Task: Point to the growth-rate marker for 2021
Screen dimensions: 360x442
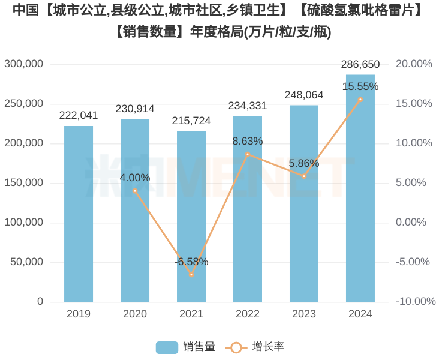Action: [191, 275]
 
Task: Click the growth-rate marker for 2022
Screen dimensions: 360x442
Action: [248, 154]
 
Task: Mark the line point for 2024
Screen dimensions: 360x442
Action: [360, 99]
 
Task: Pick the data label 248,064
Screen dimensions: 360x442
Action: [304, 95]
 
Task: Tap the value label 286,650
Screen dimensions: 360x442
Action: [360, 64]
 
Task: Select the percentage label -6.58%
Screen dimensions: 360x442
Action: [191, 262]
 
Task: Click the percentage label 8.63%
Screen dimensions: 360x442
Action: [248, 142]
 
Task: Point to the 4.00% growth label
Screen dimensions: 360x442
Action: [135, 178]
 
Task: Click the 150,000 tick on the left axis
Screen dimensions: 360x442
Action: [24, 182]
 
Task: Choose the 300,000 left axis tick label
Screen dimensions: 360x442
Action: [24, 64]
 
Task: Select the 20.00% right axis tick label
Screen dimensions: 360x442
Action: [414, 64]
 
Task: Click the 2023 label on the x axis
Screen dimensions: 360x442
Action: [304, 314]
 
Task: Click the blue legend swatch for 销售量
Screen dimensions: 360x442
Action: [167, 347]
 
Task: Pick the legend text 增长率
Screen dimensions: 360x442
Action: [268, 347]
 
